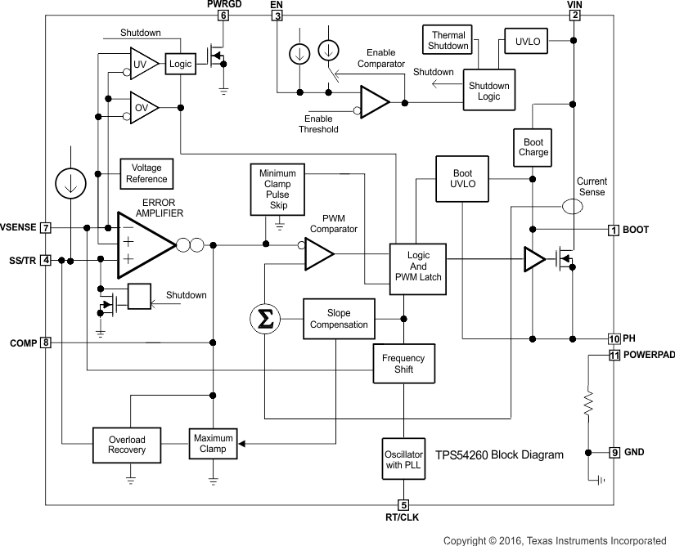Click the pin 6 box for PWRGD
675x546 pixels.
223,16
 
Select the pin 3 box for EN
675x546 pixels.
277,16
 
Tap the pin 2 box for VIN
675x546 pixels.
575,16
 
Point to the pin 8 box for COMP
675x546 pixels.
46,342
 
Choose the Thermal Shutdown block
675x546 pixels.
448,41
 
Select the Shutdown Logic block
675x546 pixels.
488,91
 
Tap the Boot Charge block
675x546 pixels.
533,147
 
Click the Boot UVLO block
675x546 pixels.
463,178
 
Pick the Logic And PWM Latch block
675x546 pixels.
418,266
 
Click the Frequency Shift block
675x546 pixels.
403,364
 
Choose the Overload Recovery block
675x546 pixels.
127,445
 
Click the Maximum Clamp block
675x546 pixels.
213,444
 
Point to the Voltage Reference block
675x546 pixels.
146,173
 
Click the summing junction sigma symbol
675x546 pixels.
265,320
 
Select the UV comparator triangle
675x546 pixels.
143,63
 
